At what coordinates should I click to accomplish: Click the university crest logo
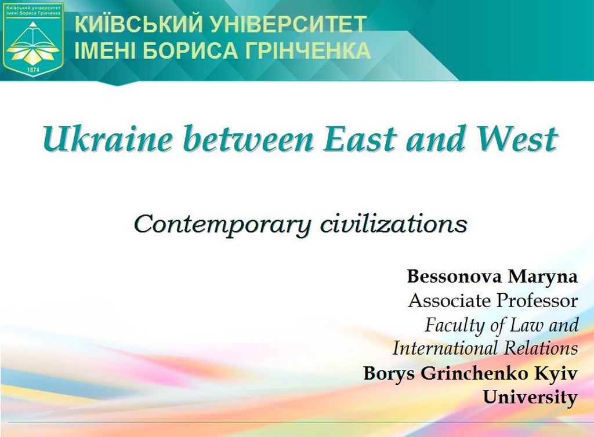click(x=33, y=39)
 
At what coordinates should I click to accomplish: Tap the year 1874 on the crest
click(x=34, y=70)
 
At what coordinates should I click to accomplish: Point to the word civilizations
click(x=394, y=223)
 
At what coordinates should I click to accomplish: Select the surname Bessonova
click(x=454, y=276)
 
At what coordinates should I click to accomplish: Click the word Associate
click(x=450, y=301)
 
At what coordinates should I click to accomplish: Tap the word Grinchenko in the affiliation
click(x=474, y=373)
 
